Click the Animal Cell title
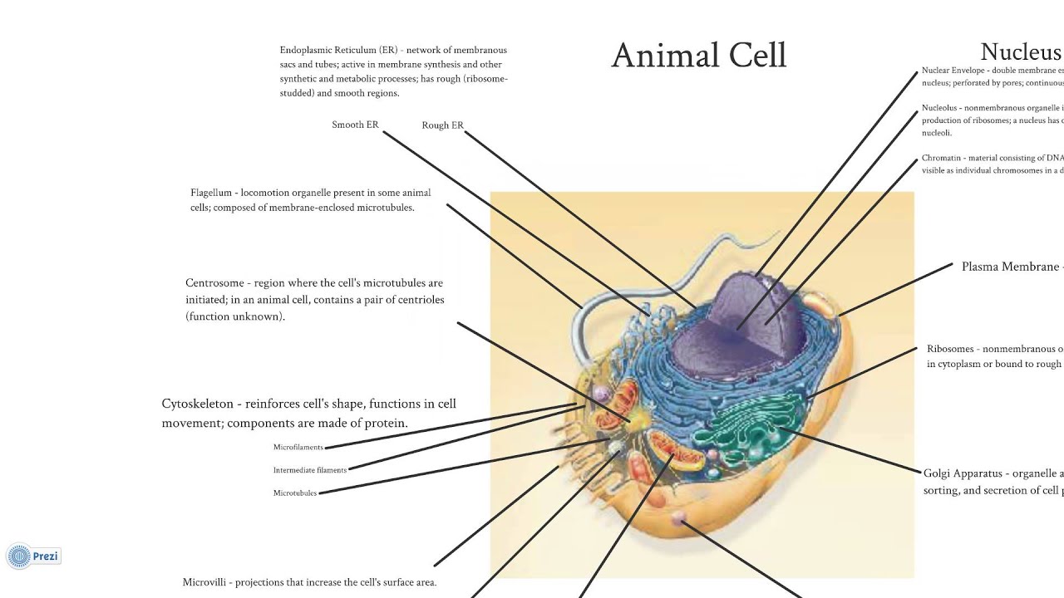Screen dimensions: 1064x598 [698, 56]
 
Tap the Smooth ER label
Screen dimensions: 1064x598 [355, 125]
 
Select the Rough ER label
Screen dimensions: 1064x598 [442, 125]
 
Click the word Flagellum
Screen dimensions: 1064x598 [210, 193]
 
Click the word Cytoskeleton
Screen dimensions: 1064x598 [197, 404]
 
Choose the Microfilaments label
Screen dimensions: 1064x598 [298, 448]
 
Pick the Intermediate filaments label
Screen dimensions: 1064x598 [309, 470]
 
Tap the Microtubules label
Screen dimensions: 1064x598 [295, 493]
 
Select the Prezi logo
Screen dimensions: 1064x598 [34, 556]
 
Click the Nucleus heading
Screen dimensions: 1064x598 [1021, 52]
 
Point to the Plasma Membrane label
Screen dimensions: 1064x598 [1009, 267]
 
